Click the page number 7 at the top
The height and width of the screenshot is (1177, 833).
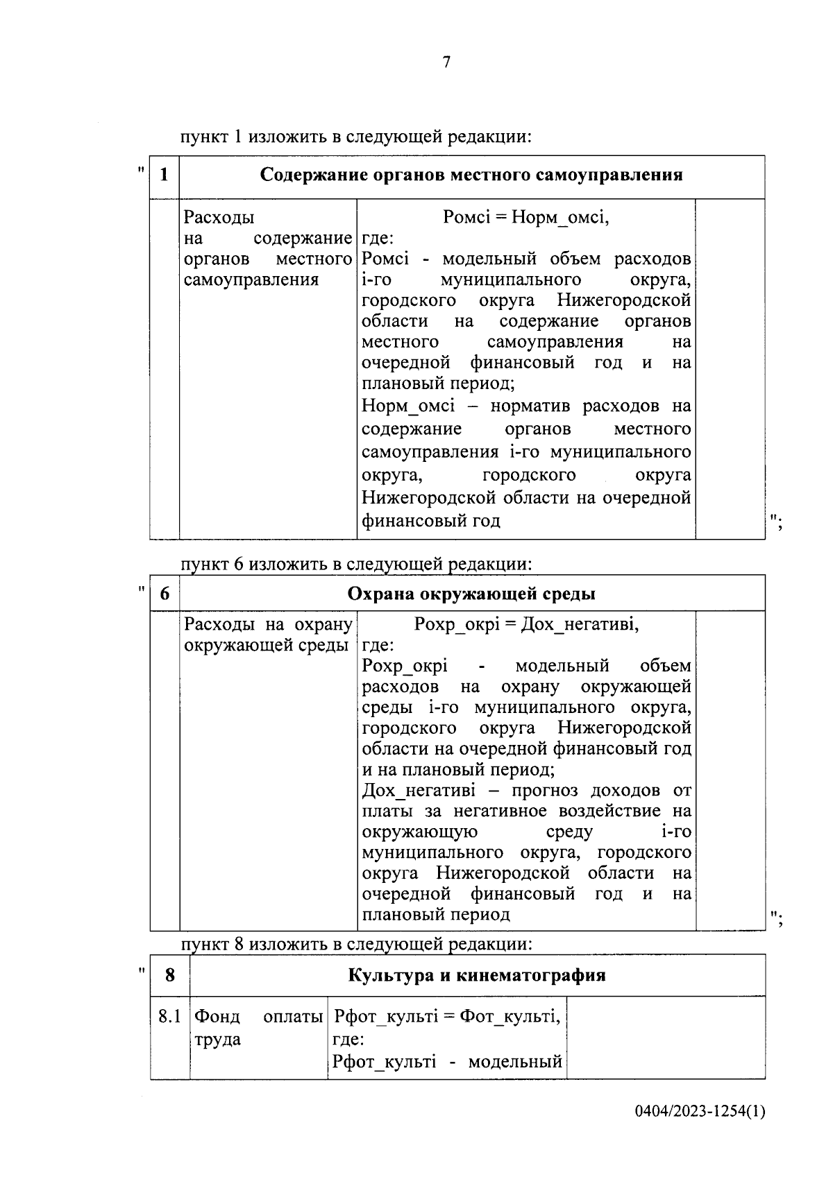[x=446, y=62]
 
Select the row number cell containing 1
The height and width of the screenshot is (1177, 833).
[x=165, y=175]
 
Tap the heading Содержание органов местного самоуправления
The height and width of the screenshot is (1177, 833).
[x=471, y=175]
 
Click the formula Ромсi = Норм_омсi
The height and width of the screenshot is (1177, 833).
[x=525, y=218]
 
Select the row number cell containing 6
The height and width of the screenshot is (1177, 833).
[x=165, y=594]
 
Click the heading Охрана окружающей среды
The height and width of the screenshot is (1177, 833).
[x=471, y=594]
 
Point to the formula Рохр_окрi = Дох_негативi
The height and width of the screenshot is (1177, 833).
[x=525, y=624]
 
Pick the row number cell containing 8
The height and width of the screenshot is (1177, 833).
[x=170, y=975]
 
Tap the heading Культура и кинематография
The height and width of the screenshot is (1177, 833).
[x=476, y=975]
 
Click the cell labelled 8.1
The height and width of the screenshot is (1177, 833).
[x=169, y=1017]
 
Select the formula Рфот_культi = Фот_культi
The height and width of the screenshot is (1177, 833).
[x=447, y=1017]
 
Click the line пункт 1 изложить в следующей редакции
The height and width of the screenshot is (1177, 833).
[x=355, y=137]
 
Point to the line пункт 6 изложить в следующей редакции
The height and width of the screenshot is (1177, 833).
[x=355, y=565]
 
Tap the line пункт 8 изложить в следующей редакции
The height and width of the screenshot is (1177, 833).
[x=355, y=944]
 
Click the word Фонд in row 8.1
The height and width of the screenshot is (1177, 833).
[x=217, y=1017]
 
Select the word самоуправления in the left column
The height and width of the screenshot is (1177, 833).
[x=251, y=280]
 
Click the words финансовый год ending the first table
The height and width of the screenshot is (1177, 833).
[x=430, y=520]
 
